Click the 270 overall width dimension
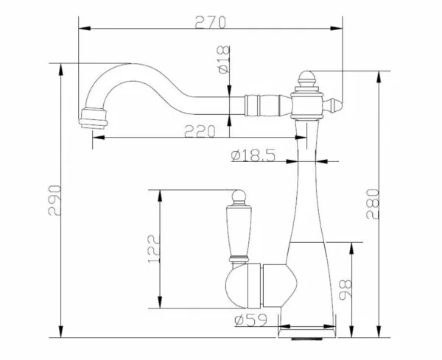pyautogui.click(x=210, y=22)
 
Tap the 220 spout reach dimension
pyautogui.click(x=200, y=131)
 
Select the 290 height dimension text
pyautogui.click(x=55, y=200)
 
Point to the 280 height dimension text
pyautogui.click(x=372, y=204)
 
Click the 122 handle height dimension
pyautogui.click(x=154, y=249)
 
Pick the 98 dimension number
pyautogui.click(x=345, y=289)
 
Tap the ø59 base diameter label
pyautogui.click(x=250, y=320)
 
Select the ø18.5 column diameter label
pyautogui.click(x=253, y=155)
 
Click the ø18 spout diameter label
pyautogui.click(x=223, y=60)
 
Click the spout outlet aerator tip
pyautogui.click(x=94, y=119)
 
